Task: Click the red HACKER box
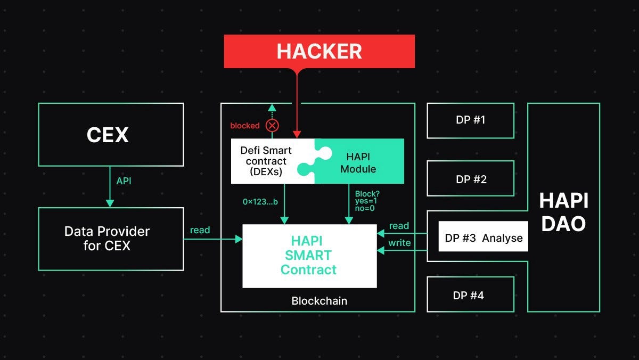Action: [319, 51]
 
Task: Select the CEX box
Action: [111, 134]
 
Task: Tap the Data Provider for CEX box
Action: [111, 239]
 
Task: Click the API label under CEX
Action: [124, 181]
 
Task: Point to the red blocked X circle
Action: [272, 126]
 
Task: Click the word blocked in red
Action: [244, 126]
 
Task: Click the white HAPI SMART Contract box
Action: [309, 256]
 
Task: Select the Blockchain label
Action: [319, 301]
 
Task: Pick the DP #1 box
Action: [470, 120]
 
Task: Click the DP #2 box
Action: [470, 178]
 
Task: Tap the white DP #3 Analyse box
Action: [484, 238]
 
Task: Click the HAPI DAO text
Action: [563, 212]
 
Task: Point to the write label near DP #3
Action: [399, 243]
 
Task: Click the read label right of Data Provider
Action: [200, 230]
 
